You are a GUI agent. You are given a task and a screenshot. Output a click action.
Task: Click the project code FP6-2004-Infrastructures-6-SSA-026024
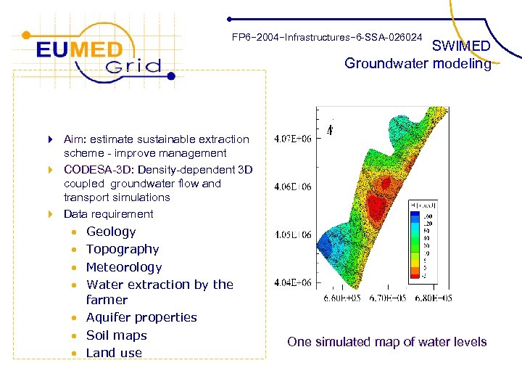click(x=327, y=36)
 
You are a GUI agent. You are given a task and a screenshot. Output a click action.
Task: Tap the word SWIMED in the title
click(x=461, y=46)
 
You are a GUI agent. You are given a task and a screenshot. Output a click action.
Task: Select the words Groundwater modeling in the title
click(x=418, y=64)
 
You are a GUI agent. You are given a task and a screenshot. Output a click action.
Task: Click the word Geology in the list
click(x=111, y=232)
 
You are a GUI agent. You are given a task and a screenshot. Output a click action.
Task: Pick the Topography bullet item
click(x=123, y=249)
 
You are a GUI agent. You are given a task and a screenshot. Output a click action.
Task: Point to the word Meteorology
click(x=124, y=267)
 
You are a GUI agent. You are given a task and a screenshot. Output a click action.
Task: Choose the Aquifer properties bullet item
click(x=141, y=317)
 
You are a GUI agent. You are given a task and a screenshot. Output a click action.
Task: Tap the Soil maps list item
click(x=116, y=335)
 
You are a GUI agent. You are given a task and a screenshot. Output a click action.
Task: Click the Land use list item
click(x=114, y=353)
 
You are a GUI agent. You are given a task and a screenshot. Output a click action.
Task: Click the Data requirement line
click(x=108, y=214)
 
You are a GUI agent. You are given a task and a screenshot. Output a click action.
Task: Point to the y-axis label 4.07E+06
click(x=293, y=139)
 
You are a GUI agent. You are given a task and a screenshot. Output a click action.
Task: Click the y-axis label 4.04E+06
click(x=293, y=282)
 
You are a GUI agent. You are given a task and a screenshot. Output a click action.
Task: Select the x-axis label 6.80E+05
click(x=434, y=298)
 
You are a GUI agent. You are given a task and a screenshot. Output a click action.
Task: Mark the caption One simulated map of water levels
click(x=386, y=342)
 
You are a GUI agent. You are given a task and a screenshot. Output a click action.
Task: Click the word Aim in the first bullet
click(x=73, y=139)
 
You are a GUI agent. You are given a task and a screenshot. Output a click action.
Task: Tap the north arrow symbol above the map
click(x=331, y=131)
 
